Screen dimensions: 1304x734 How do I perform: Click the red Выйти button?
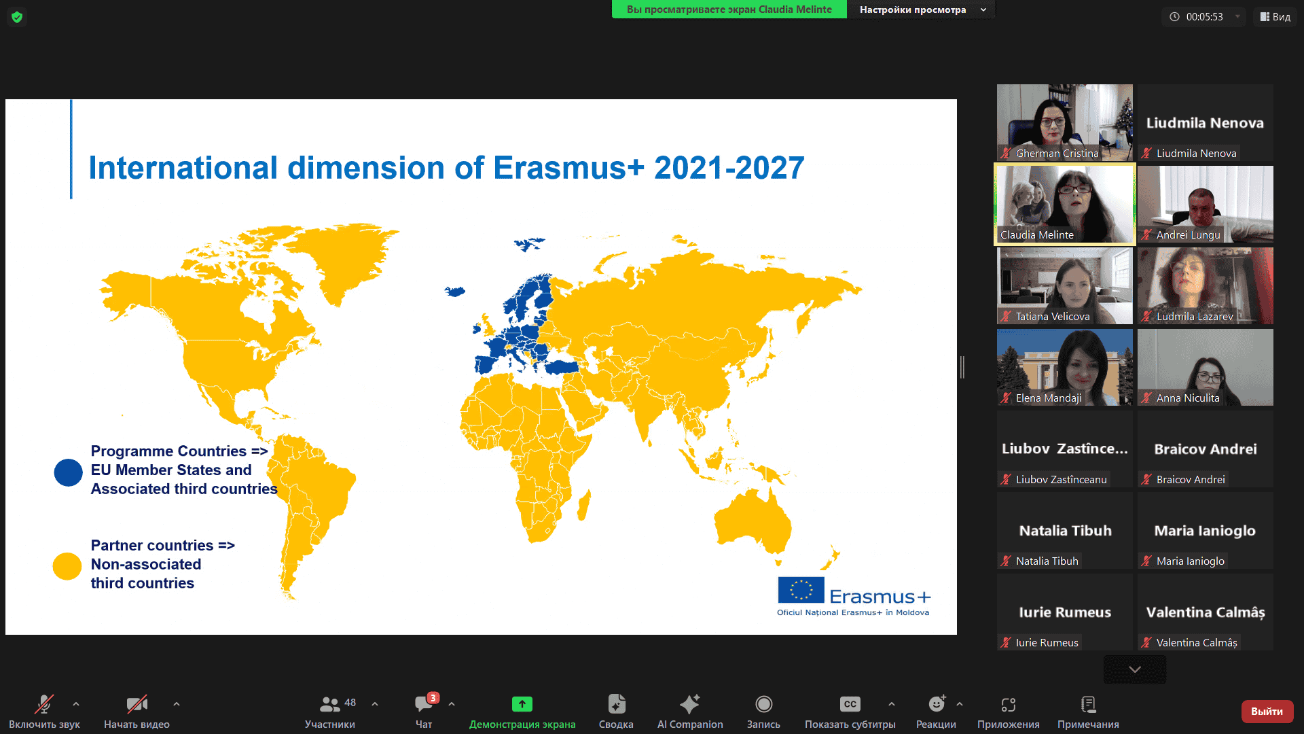coord(1267,711)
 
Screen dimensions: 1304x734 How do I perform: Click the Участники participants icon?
coord(330,703)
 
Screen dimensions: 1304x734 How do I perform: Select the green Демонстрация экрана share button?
coord(522,704)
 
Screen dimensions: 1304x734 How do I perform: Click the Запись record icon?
coord(763,704)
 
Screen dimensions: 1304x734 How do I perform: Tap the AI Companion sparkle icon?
coord(689,703)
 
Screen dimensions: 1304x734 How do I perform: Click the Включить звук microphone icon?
coord(44,704)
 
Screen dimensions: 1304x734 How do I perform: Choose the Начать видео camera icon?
coord(137,704)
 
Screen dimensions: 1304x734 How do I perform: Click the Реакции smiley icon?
coord(937,703)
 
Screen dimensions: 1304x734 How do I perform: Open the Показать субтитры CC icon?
coord(850,704)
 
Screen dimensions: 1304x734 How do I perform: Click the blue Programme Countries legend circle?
coord(68,472)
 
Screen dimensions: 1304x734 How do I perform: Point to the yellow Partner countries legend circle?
coord(67,566)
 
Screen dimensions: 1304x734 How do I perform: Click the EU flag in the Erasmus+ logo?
coord(801,590)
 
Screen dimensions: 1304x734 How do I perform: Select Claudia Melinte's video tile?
coord(1064,204)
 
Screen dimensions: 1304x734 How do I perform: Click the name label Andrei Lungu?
coord(1188,235)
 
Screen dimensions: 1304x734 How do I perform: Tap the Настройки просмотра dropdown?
coord(920,10)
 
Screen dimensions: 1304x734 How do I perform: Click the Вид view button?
coord(1275,17)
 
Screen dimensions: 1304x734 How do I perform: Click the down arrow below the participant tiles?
coord(1135,669)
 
